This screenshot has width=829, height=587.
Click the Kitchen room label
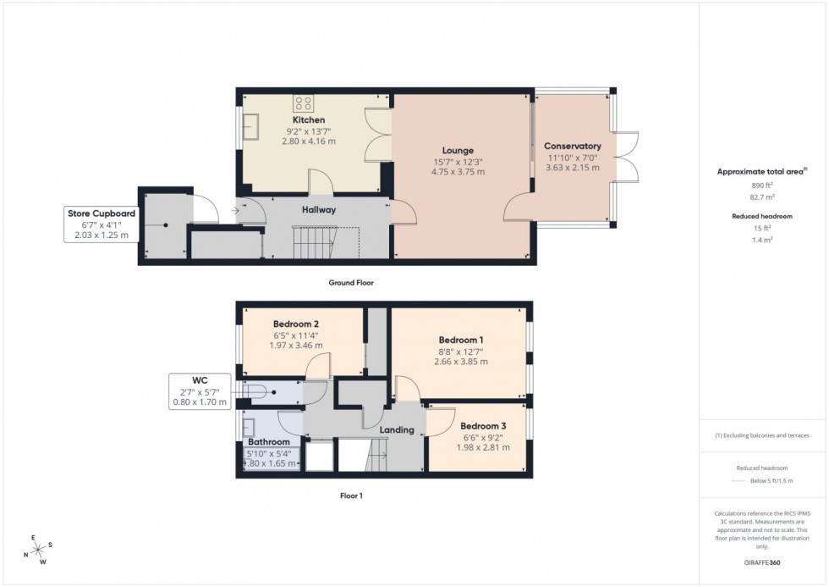(x=309, y=120)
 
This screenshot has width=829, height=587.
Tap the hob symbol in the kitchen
(x=304, y=103)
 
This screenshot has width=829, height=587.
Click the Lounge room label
(x=458, y=151)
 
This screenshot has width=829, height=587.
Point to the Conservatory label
(x=573, y=146)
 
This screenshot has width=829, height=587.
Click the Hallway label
(x=319, y=209)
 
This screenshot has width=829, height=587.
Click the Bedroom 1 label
(x=459, y=341)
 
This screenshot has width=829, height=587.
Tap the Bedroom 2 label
(x=296, y=324)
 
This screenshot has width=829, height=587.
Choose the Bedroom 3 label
(x=483, y=426)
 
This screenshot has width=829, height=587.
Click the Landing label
(x=397, y=429)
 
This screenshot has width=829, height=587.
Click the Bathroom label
(x=269, y=441)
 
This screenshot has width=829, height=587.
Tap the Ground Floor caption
(x=351, y=283)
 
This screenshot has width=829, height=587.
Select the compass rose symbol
(x=36, y=549)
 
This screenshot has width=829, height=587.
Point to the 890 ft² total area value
(x=761, y=184)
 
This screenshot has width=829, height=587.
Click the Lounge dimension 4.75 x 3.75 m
(x=458, y=172)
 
